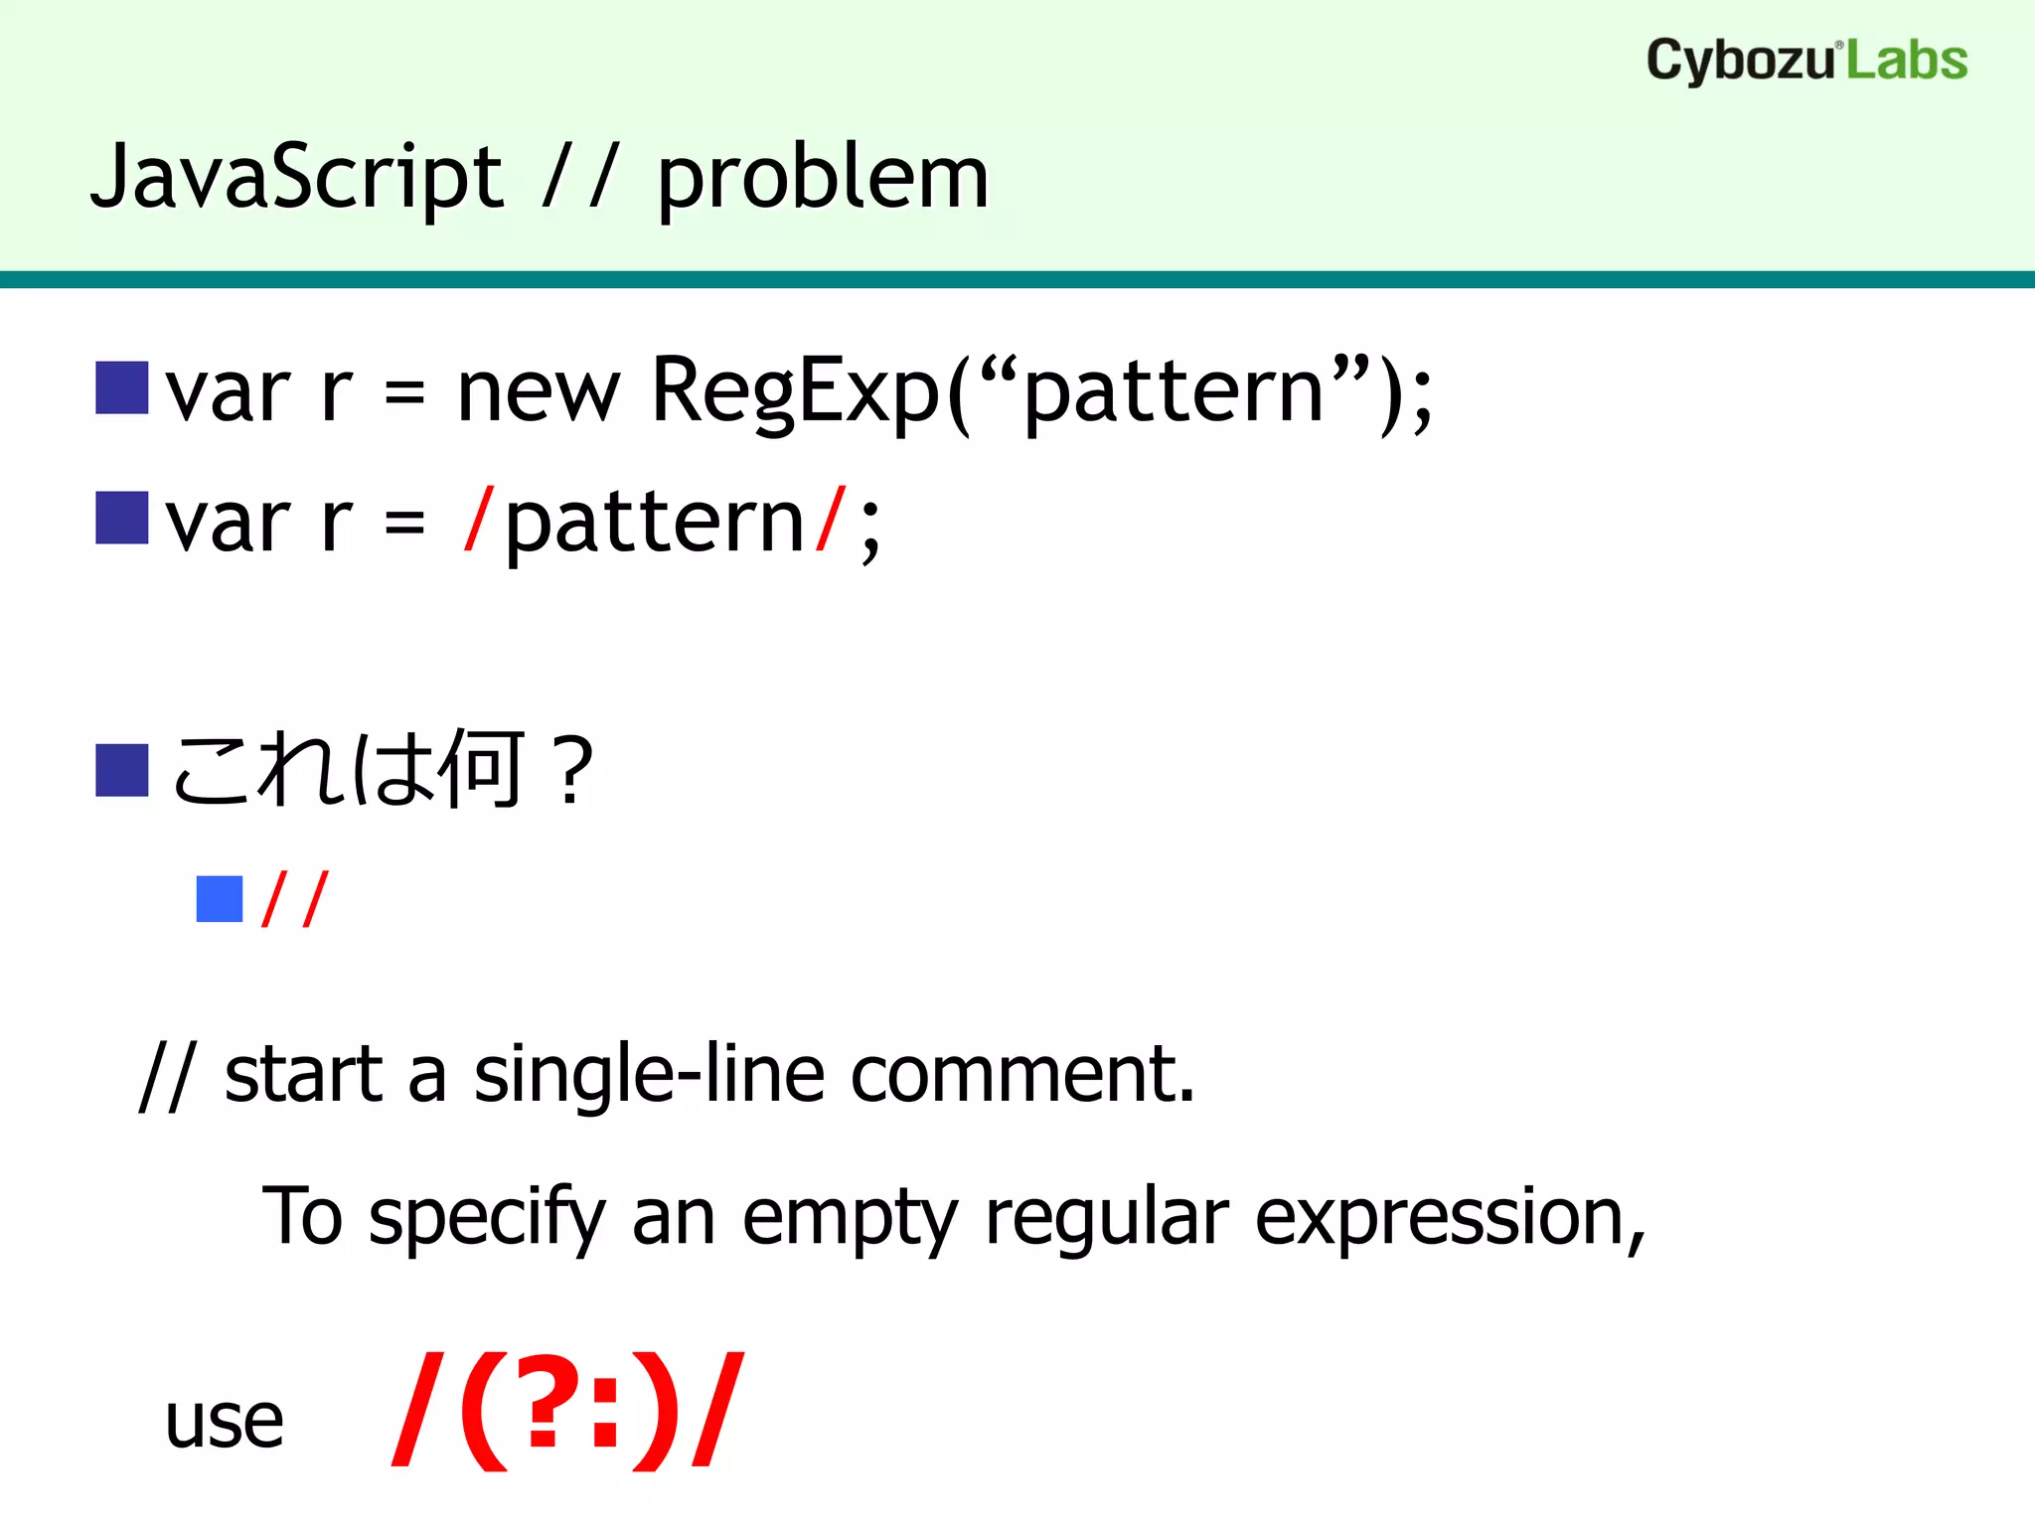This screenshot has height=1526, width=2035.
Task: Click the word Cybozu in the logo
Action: point(1739,62)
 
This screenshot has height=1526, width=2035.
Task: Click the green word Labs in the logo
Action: point(1907,62)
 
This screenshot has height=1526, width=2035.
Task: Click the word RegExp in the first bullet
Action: point(795,391)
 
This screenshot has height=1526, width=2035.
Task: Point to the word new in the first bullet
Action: point(538,393)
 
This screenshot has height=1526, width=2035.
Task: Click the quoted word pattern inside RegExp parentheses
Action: point(1173,393)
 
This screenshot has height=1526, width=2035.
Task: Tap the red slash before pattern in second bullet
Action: point(478,521)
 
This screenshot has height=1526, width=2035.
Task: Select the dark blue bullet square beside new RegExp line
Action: point(121,387)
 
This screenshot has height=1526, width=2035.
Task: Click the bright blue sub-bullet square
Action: point(220,899)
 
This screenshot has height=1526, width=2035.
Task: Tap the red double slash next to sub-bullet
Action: point(294,899)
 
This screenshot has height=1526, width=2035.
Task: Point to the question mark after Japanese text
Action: point(574,770)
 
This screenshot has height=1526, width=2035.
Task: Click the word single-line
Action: point(648,1076)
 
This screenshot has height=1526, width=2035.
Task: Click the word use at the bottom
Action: point(224,1421)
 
